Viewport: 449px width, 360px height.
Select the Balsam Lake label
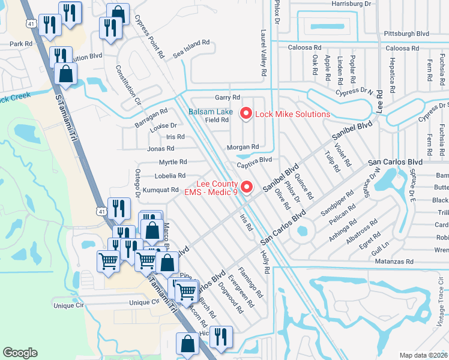coord(210,112)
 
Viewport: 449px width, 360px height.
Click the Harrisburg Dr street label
coord(351,4)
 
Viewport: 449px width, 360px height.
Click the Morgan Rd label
coord(243,147)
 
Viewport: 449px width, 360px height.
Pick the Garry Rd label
coord(228,97)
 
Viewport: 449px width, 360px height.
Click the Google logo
coord(20,353)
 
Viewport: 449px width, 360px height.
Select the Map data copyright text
coord(424,355)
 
